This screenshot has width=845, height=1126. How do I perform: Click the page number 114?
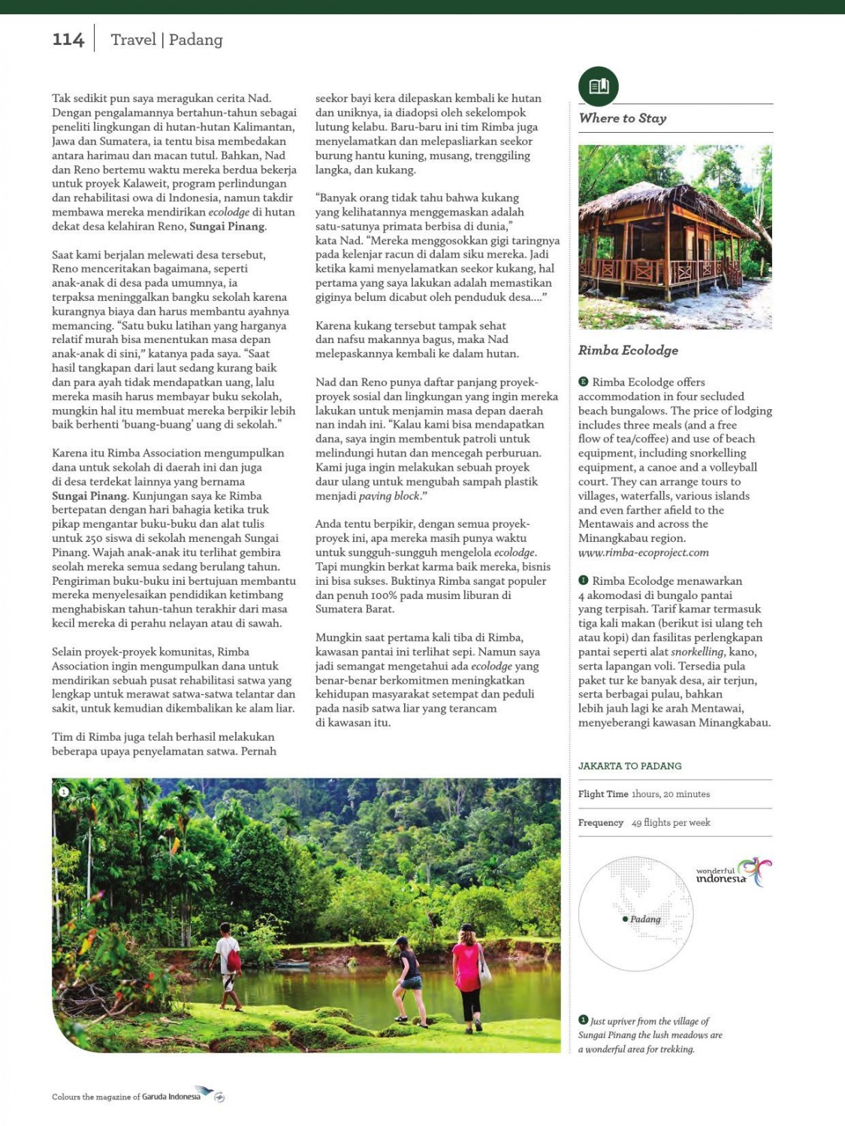point(68,40)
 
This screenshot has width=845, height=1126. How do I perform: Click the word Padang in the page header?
point(195,40)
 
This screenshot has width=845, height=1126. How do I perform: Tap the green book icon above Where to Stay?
point(598,86)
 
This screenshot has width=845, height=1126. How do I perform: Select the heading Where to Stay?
point(623,118)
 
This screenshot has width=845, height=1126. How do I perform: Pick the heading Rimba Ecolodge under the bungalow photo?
point(628,350)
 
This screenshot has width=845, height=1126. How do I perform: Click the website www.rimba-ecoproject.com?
point(643,552)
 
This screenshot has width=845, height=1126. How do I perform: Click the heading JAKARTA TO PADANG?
point(629,766)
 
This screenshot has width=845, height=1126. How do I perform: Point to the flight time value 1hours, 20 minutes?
point(670,794)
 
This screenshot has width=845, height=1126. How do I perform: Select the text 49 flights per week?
point(670,823)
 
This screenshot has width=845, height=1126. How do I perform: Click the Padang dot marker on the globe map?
point(625,919)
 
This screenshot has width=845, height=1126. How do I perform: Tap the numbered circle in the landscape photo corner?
point(64,791)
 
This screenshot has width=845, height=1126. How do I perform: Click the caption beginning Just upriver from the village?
point(649,1035)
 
